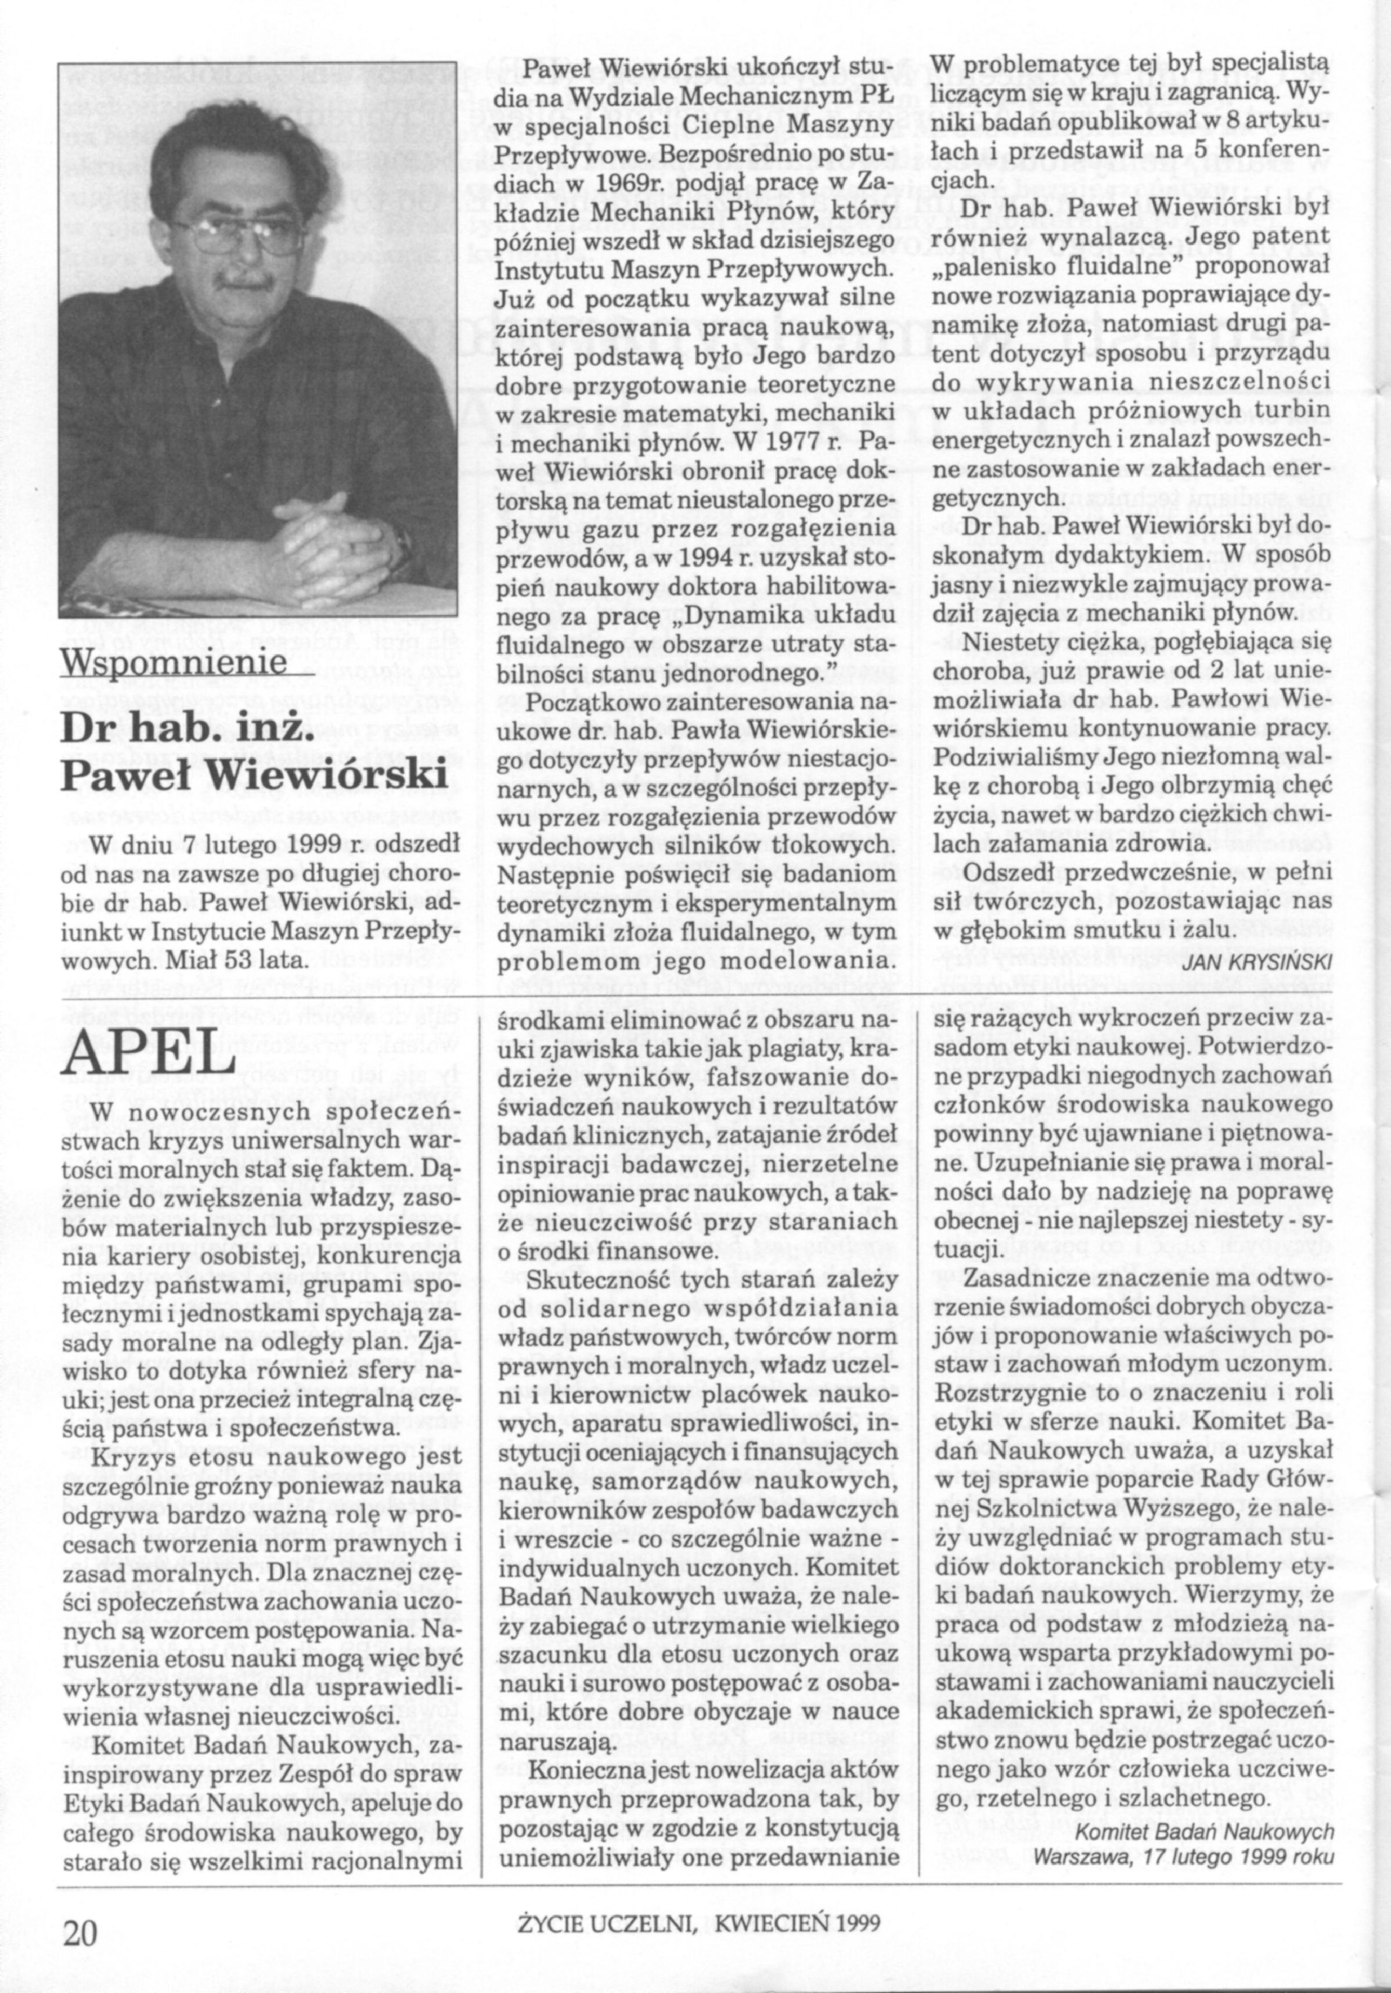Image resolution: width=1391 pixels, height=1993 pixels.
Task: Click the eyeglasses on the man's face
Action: tap(233, 229)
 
